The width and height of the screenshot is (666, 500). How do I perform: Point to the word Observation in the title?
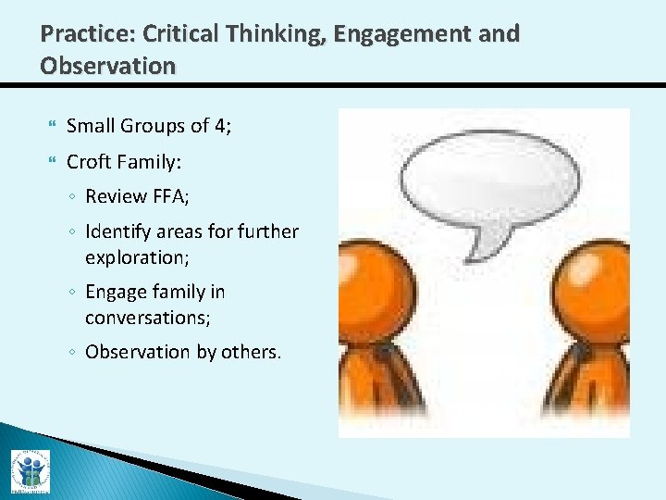tap(107, 67)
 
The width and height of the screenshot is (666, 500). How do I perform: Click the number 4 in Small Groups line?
tap(219, 125)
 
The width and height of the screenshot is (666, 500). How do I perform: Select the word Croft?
tap(91, 162)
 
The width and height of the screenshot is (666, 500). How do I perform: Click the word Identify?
tap(118, 231)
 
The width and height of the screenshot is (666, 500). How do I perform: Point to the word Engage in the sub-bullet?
tap(116, 293)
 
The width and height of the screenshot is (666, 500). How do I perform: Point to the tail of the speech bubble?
tap(487, 244)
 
